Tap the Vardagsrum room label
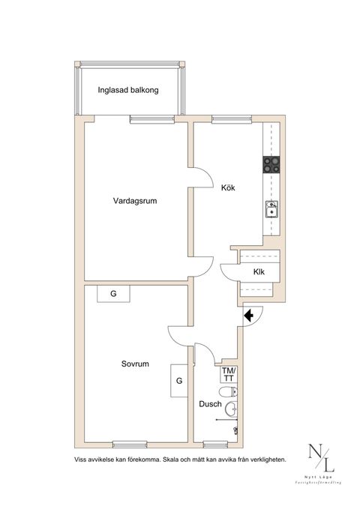click(x=135, y=201)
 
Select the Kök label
click(x=228, y=188)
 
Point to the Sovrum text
click(x=135, y=364)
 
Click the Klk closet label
click(x=259, y=272)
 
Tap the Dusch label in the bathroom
click(x=210, y=404)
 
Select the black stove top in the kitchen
click(x=271, y=164)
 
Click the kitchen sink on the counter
click(x=271, y=210)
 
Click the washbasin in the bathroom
click(x=232, y=409)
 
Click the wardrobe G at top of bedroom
click(x=113, y=293)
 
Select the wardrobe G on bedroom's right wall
click(x=179, y=380)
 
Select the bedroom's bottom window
click(x=132, y=442)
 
